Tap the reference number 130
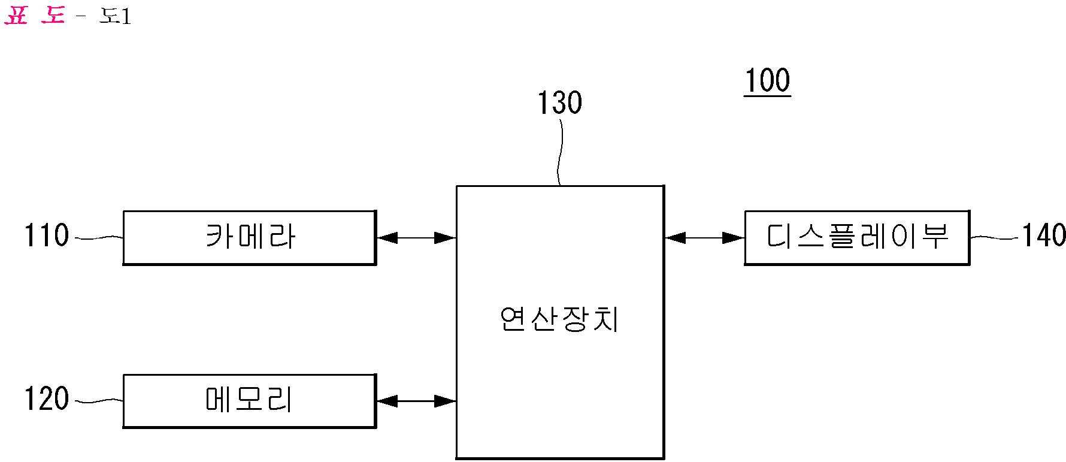click(x=559, y=103)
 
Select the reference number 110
click(x=47, y=235)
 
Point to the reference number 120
click(x=47, y=398)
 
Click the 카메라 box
click(x=249, y=237)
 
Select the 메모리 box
click(x=249, y=400)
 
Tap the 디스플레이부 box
click(x=856, y=237)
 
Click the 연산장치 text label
click(x=559, y=319)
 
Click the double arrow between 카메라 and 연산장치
click(x=416, y=238)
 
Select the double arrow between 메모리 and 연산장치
click(x=416, y=401)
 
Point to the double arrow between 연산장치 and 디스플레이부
click(x=704, y=238)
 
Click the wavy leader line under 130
click(x=560, y=153)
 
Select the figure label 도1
click(x=115, y=16)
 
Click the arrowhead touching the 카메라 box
click(x=386, y=238)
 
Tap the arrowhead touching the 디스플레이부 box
click(x=734, y=238)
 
